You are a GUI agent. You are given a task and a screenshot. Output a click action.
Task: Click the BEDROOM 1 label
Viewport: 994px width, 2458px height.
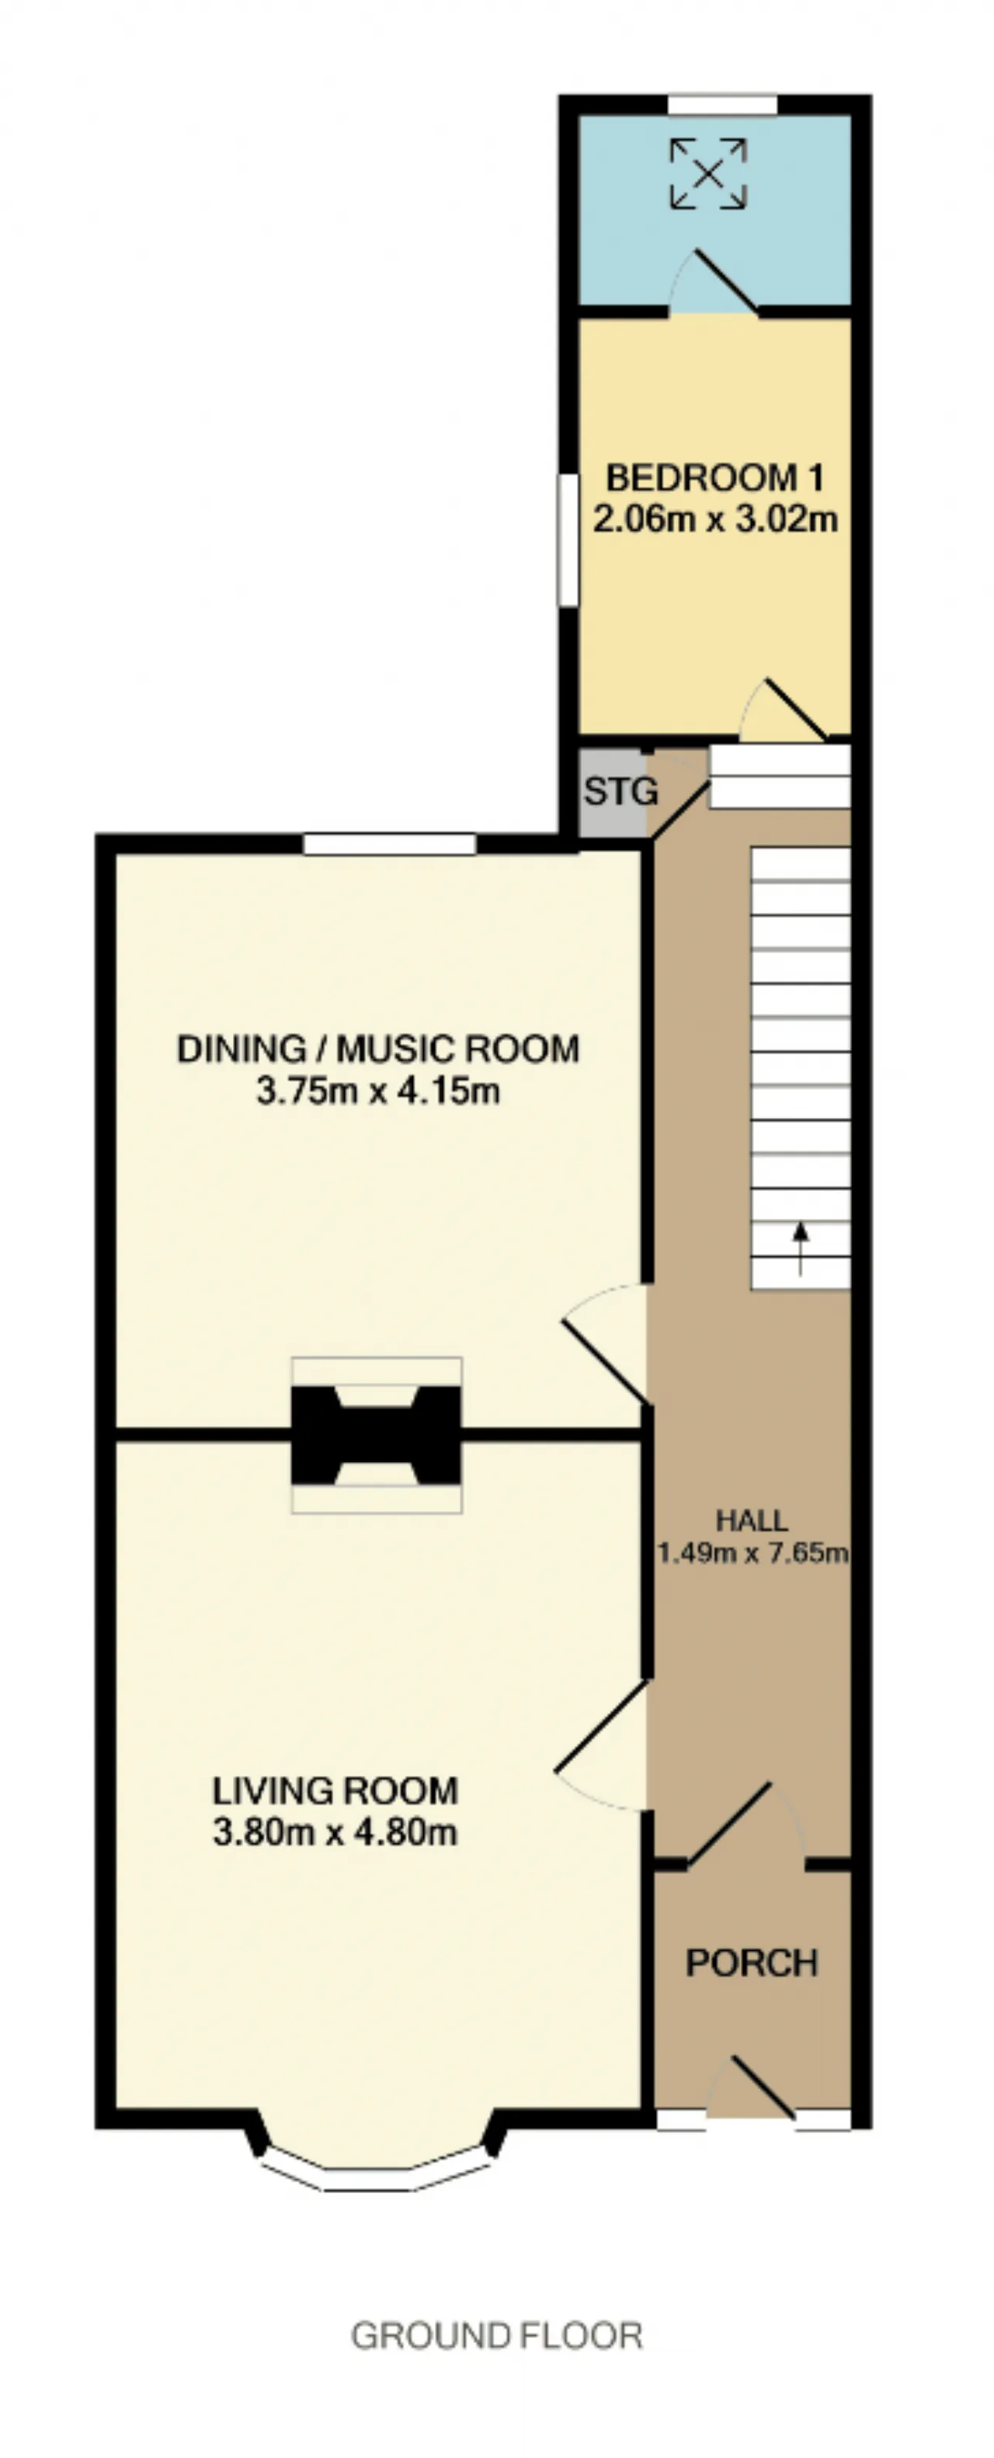click(x=714, y=477)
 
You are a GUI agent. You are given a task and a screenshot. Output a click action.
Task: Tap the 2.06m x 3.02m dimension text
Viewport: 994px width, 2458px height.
click(x=715, y=519)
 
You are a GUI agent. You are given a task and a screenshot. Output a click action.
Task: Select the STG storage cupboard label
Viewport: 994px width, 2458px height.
click(x=620, y=791)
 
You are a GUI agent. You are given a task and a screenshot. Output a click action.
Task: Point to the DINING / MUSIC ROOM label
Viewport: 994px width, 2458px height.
click(x=377, y=1049)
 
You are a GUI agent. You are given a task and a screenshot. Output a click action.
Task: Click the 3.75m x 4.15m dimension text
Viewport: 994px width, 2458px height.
click(x=377, y=1090)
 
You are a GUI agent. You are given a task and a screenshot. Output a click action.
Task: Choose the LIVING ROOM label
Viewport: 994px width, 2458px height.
click(x=335, y=1791)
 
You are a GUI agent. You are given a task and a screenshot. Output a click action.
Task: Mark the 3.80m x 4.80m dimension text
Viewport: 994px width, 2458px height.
click(x=335, y=1832)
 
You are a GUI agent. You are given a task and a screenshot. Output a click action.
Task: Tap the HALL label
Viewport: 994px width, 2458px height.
click(x=752, y=1520)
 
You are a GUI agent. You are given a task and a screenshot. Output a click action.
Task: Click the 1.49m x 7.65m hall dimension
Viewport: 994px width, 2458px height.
click(x=752, y=1554)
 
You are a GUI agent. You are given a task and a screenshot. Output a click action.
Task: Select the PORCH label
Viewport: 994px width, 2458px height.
click(x=752, y=1963)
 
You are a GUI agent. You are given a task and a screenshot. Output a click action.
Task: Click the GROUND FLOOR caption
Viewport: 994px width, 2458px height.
click(x=496, y=2336)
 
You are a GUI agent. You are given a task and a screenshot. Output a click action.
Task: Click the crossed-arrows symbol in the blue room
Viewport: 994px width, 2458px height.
click(x=707, y=172)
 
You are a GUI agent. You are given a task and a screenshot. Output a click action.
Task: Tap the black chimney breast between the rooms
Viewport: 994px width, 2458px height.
click(x=376, y=1434)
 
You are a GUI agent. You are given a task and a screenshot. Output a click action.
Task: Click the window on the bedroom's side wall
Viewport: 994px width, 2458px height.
click(x=568, y=540)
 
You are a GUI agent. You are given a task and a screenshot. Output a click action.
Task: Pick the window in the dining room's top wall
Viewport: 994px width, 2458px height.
click(x=389, y=844)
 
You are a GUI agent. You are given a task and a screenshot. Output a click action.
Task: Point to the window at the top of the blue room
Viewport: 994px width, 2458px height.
click(x=722, y=104)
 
